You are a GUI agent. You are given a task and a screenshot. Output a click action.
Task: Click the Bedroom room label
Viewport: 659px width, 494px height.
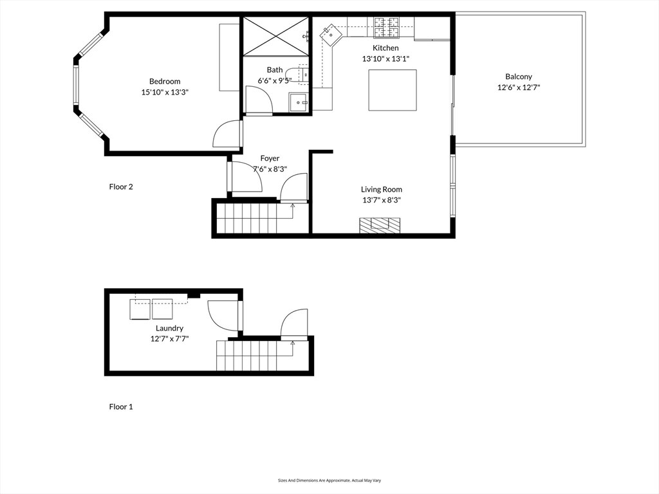click(x=165, y=81)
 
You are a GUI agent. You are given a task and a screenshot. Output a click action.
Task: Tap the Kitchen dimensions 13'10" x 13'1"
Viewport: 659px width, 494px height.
click(x=385, y=59)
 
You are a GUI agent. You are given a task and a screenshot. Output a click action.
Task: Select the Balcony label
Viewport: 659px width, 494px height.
click(x=518, y=77)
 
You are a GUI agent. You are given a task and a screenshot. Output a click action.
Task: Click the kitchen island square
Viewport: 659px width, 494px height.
click(x=392, y=90)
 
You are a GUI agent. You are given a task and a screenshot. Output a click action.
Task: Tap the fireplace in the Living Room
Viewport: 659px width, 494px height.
click(x=379, y=224)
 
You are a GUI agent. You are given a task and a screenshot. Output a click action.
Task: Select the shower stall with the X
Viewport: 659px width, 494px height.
click(x=275, y=37)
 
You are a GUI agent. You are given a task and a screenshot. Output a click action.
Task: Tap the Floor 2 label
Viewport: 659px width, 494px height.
click(x=121, y=187)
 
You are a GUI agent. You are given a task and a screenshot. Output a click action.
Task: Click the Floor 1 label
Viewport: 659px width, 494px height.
click(x=121, y=407)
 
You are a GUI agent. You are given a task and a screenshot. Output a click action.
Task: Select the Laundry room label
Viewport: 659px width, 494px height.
click(x=169, y=328)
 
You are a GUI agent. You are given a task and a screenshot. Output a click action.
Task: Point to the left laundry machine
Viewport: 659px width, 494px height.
click(x=140, y=309)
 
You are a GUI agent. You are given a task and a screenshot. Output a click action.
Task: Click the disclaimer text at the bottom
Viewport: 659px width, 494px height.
click(x=329, y=480)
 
